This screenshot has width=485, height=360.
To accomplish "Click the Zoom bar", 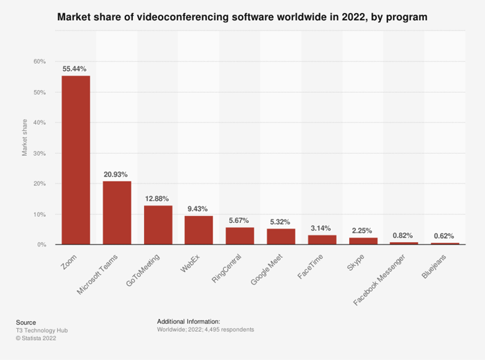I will pos(76,160).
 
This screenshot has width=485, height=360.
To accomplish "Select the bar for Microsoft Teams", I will pos(117,213).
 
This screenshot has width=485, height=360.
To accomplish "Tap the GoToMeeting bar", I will pos(158,225).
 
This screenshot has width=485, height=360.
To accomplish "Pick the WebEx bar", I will pos(199,230).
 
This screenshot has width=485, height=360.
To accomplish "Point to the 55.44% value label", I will pos(76,69).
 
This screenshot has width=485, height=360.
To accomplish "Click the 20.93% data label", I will pos(116,174).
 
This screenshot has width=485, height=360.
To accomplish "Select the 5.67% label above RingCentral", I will pos(240,220).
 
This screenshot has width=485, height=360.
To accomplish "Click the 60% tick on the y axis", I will pos(39,62).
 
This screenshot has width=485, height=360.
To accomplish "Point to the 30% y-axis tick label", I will pos(39,153).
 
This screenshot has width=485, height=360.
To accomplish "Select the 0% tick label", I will pos(41,244).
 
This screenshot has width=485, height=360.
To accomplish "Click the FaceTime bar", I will pos(322,240).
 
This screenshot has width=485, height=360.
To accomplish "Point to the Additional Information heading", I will pos(188,322).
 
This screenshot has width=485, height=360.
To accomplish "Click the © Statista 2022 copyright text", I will pos(36,338).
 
